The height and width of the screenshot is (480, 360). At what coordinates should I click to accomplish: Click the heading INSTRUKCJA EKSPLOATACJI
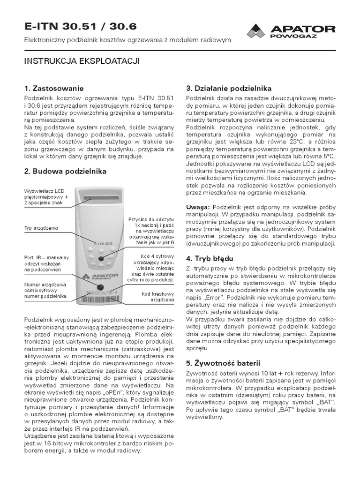tap(82, 61)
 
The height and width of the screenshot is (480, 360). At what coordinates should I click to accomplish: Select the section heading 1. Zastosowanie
tap(54, 88)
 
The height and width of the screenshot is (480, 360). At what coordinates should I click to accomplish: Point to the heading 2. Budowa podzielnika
tap(65, 171)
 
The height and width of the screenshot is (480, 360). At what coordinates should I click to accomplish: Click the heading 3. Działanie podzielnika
tap(229, 88)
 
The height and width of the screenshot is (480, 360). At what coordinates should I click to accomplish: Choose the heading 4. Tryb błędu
tap(210, 258)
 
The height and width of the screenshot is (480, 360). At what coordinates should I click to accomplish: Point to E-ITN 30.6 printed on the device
tap(100, 243)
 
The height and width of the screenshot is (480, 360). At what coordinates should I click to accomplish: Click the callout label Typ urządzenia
tap(41, 228)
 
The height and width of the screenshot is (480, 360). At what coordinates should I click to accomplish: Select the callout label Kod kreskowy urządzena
tap(157, 297)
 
